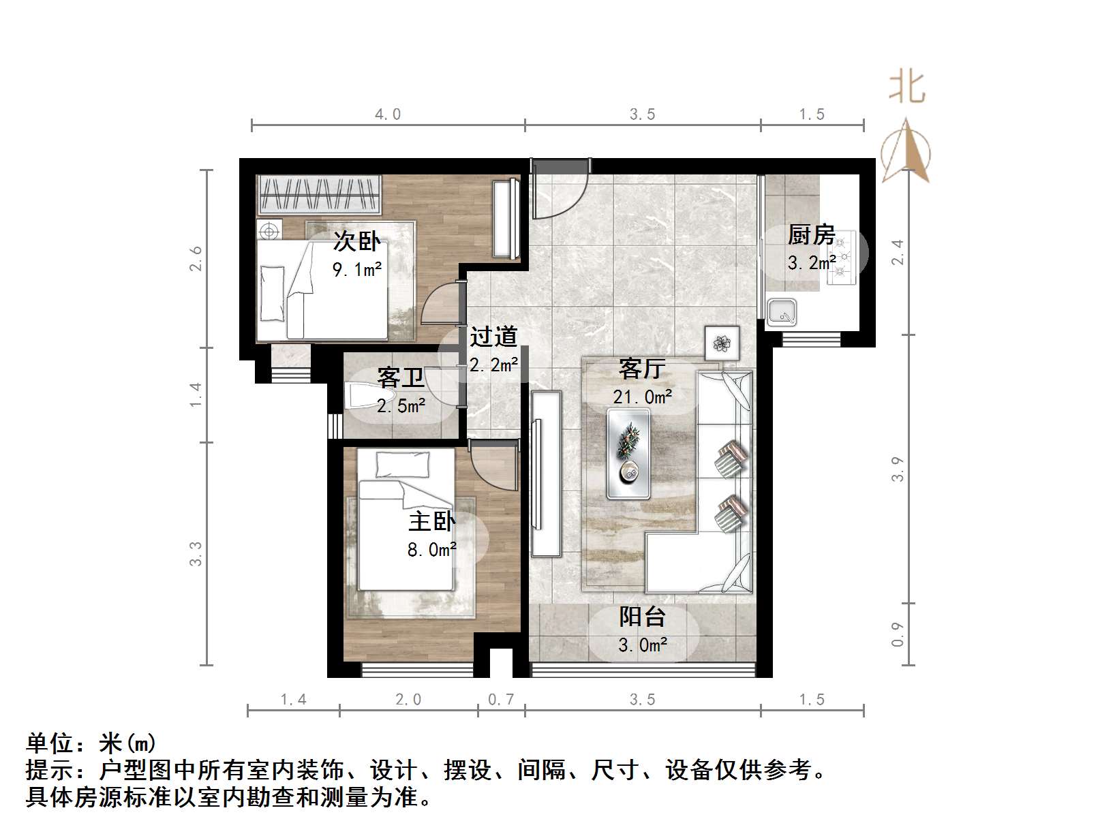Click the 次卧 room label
[356, 242]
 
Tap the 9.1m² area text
[356, 270]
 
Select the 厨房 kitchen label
[811, 235]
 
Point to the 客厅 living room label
[641, 369]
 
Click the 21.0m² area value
[642, 397]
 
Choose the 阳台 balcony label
[642, 617]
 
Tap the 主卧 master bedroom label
[431, 521]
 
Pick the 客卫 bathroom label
[401, 377]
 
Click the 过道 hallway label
[493, 337]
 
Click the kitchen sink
[782, 313]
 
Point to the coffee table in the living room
[628, 453]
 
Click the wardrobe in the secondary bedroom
[319, 194]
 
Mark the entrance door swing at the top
[559, 191]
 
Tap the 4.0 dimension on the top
[388, 114]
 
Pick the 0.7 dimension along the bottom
[501, 700]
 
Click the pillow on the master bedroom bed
[402, 465]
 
